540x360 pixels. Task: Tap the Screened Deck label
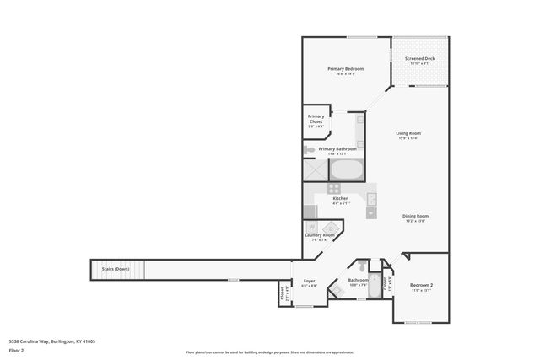click(418, 58)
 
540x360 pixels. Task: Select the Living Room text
click(408, 133)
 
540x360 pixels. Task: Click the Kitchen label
click(340, 199)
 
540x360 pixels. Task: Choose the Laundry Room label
click(323, 235)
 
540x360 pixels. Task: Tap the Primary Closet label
click(316, 119)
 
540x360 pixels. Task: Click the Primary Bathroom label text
click(337, 148)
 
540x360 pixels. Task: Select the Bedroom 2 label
click(421, 286)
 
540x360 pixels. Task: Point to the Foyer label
click(309, 281)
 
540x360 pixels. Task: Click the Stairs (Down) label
click(116, 269)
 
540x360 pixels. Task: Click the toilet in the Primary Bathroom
click(310, 150)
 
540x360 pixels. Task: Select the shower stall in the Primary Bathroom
click(314, 169)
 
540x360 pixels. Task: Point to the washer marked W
click(312, 228)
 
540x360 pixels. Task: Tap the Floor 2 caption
click(16, 349)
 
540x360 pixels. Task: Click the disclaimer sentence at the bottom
click(270, 352)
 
